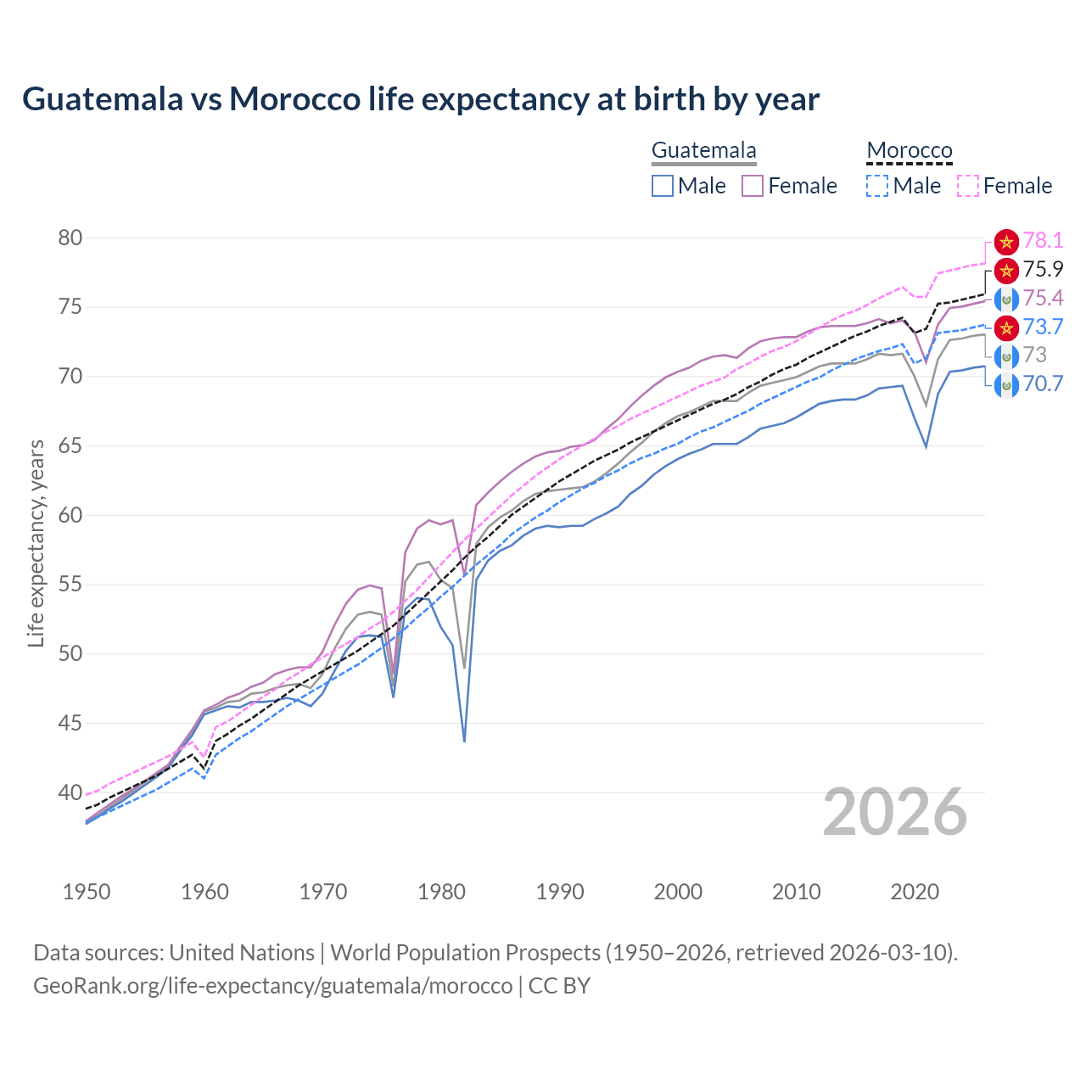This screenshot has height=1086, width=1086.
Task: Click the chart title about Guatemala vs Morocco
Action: pyautogui.click(x=421, y=99)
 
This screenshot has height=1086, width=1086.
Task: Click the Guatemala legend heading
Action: pyautogui.click(x=703, y=151)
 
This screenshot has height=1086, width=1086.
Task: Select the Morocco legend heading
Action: pyautogui.click(x=910, y=151)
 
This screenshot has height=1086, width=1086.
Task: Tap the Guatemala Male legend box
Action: pyautogui.click(x=663, y=186)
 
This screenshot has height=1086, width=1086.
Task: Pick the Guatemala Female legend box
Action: pyautogui.click(x=753, y=186)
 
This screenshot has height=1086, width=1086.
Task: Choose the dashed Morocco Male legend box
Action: pyautogui.click(x=877, y=186)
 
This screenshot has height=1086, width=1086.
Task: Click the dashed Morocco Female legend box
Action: pyautogui.click(x=968, y=186)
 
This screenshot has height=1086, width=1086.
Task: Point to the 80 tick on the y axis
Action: pyautogui.click(x=70, y=238)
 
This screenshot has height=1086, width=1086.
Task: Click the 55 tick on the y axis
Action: pyautogui.click(x=70, y=585)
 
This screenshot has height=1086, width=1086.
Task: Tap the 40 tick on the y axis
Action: pyautogui.click(x=70, y=792)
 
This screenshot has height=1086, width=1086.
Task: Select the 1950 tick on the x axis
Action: pyautogui.click(x=87, y=892)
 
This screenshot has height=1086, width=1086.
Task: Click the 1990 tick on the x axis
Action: pyautogui.click(x=560, y=892)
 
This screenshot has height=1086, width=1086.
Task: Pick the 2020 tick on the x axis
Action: pyautogui.click(x=915, y=892)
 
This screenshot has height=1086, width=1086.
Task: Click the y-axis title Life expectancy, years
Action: pyautogui.click(x=36, y=543)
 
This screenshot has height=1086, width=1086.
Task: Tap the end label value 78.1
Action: pyautogui.click(x=1043, y=241)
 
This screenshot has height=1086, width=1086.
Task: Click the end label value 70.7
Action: pyautogui.click(x=1043, y=383)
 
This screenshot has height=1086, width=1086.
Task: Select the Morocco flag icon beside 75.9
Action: pyautogui.click(x=1006, y=271)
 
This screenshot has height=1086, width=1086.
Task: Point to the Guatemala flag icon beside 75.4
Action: pyautogui.click(x=1006, y=299)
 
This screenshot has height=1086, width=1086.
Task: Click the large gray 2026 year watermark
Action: pyautogui.click(x=895, y=812)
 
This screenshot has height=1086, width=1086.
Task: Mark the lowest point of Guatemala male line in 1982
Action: pyautogui.click(x=464, y=742)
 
